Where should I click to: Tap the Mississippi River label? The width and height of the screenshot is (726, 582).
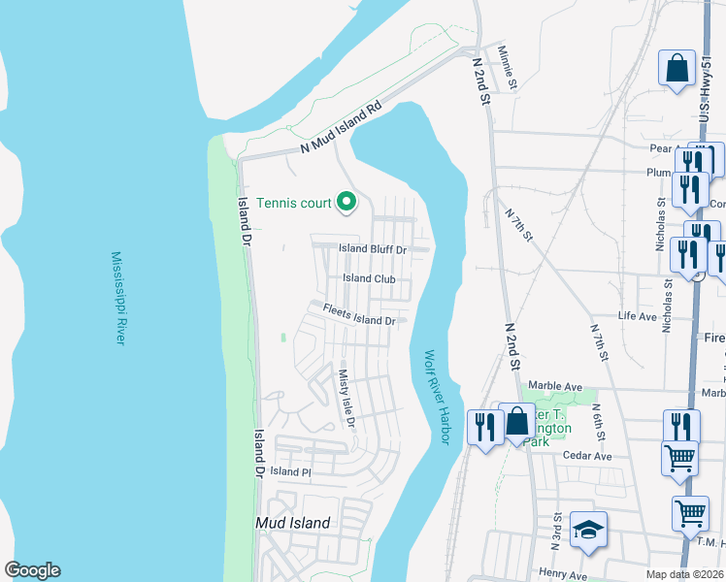(118, 298)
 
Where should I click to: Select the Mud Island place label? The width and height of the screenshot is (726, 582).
(292, 523)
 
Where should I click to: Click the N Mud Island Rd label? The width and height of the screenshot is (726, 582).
(343, 128)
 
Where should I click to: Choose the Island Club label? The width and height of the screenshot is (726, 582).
(370, 278)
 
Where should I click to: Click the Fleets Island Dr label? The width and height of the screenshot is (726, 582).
(359, 315)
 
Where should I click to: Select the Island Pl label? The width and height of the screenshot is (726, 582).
(289, 471)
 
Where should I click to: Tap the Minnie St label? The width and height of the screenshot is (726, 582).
(508, 69)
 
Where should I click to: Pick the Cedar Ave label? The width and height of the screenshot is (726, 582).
(588, 456)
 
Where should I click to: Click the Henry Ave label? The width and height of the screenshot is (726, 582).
(563, 575)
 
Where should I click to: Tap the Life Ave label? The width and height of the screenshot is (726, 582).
(638, 316)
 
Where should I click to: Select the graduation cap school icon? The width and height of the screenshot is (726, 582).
(588, 530)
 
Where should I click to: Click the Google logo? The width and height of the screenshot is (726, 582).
(32, 570)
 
